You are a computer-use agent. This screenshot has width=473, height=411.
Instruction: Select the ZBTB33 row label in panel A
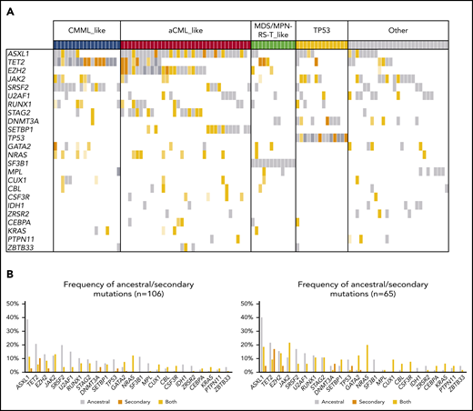[18, 246]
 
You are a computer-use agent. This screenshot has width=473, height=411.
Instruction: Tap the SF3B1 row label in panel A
[17, 164]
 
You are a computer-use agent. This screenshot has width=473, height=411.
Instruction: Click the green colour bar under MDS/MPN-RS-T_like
[272, 44]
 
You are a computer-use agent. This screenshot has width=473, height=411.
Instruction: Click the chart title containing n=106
[133, 283]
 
